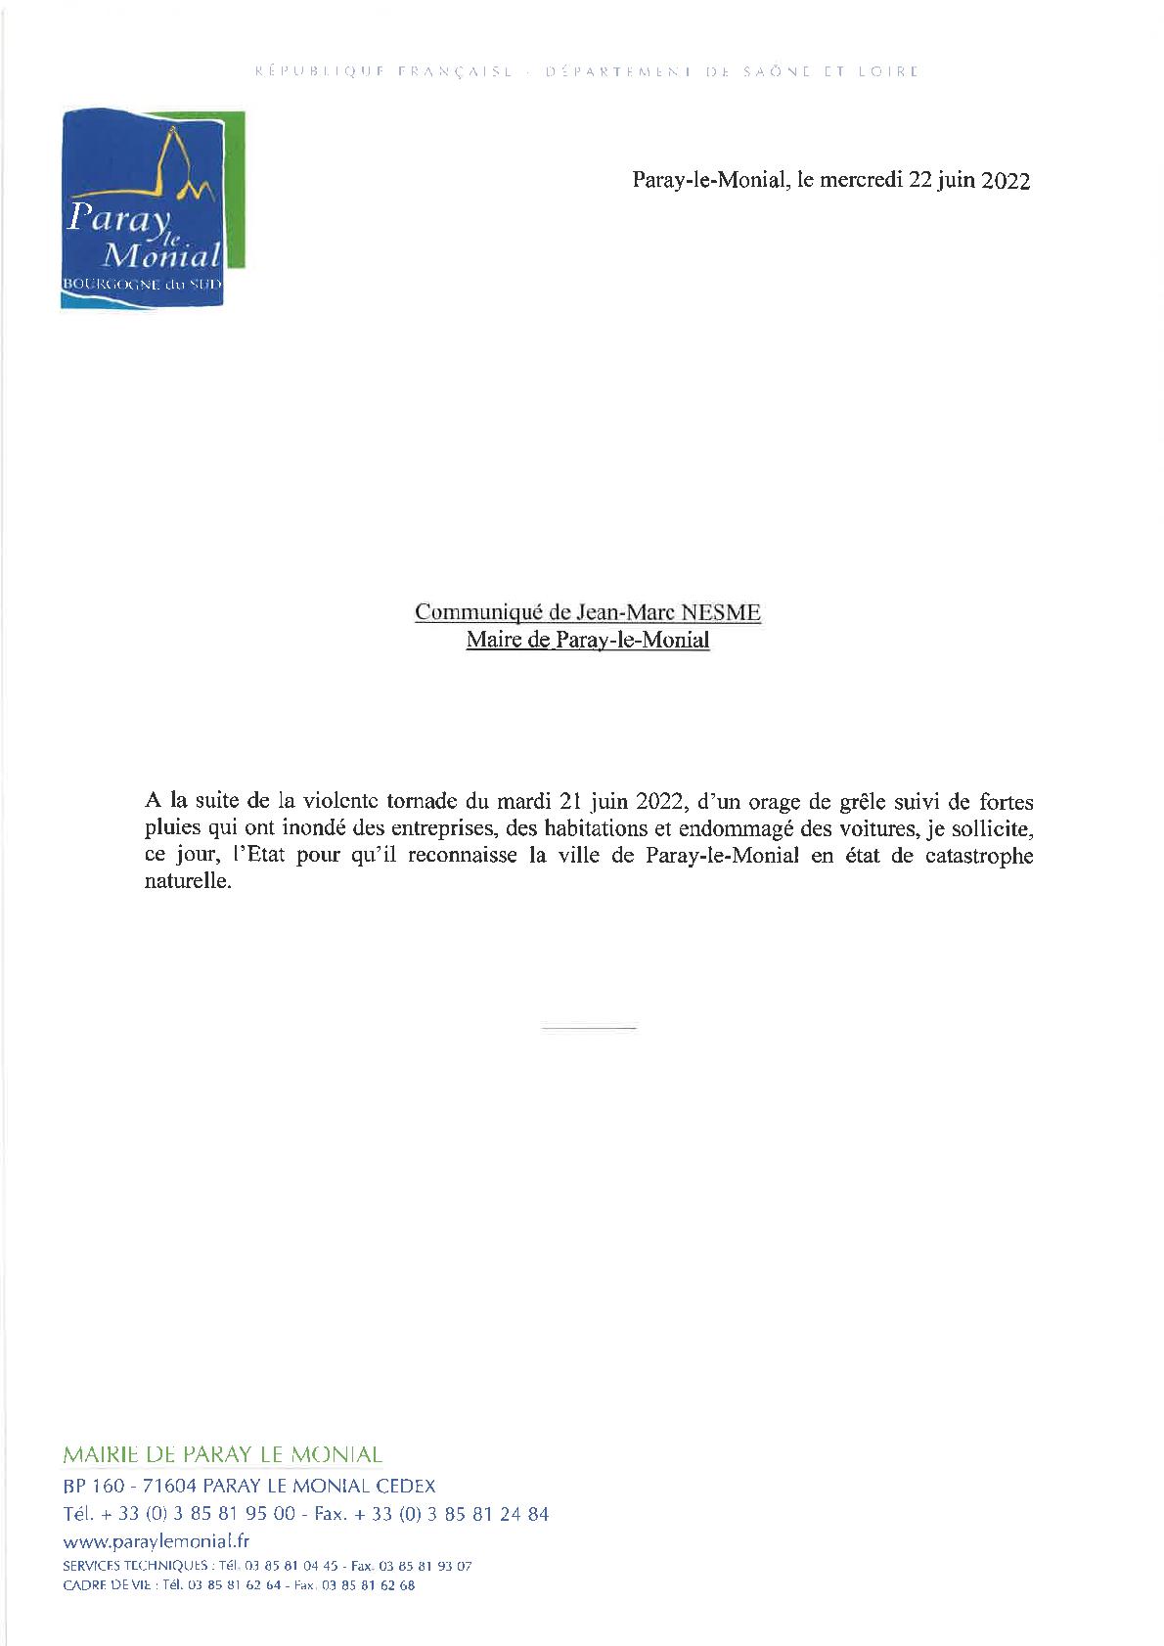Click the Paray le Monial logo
[x=152, y=210]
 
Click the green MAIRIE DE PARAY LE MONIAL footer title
[x=221, y=1455]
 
